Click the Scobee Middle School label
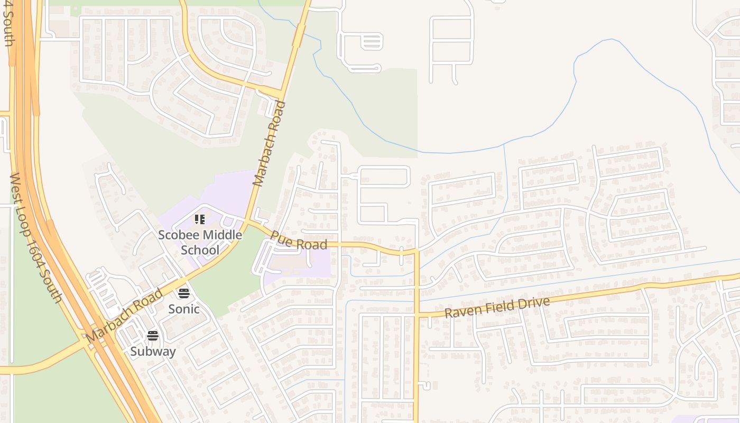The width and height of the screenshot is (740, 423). pyautogui.click(x=200, y=242)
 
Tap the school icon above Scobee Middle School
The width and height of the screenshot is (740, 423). pyautogui.click(x=200, y=219)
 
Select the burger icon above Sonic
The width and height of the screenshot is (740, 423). pyautogui.click(x=184, y=293)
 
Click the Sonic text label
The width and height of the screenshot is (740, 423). pyautogui.click(x=184, y=309)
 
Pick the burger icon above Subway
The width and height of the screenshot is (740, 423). pyautogui.click(x=153, y=336)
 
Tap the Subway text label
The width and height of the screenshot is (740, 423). pyautogui.click(x=153, y=351)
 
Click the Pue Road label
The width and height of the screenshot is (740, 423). pyautogui.click(x=299, y=240)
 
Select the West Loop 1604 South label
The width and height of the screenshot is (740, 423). pyautogui.click(x=36, y=237)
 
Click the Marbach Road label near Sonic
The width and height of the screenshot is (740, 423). pyautogui.click(x=124, y=315)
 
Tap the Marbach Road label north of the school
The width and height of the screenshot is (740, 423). pyautogui.click(x=269, y=143)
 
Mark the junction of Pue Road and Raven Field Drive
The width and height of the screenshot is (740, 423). pyautogui.click(x=417, y=316)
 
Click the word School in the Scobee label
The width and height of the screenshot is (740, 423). pyautogui.click(x=200, y=250)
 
